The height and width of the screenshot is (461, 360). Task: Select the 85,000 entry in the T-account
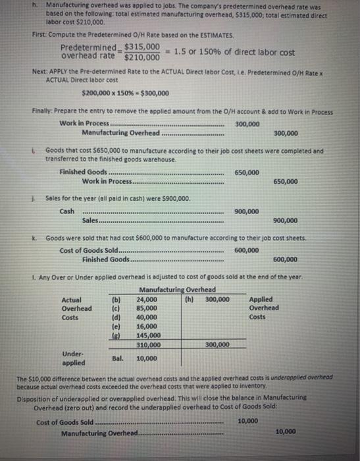147,308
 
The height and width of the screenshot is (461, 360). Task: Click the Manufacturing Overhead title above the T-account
177,290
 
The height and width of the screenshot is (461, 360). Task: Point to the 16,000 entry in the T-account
147,325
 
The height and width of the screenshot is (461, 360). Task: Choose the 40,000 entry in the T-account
147,317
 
